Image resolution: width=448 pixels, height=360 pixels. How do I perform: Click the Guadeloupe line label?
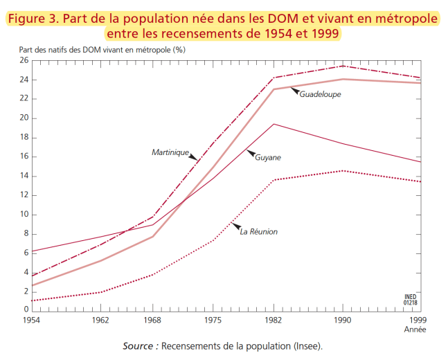click(320, 94)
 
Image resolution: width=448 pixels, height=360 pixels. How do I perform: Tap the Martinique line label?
click(170, 152)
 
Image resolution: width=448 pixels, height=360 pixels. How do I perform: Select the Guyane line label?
click(268, 157)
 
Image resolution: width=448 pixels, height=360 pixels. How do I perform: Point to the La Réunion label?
click(258, 231)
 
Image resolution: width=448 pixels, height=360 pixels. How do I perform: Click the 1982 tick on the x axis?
click(274, 321)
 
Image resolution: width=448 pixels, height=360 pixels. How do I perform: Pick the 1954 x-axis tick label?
click(32, 321)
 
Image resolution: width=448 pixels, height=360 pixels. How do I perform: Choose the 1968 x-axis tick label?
click(153, 321)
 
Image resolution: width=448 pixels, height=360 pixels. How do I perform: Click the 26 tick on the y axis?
click(24, 60)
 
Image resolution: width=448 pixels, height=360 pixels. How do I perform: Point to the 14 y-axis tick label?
click(24, 176)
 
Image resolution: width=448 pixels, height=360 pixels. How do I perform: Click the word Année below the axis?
click(415, 330)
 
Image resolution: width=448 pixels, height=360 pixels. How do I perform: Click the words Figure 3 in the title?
click(31, 18)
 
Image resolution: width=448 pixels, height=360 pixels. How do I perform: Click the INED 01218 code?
click(410, 299)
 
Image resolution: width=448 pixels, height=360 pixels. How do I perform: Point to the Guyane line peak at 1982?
click(274, 124)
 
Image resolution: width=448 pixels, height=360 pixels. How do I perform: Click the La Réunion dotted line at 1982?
click(274, 180)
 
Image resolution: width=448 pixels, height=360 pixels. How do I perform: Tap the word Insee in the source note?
click(307, 345)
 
